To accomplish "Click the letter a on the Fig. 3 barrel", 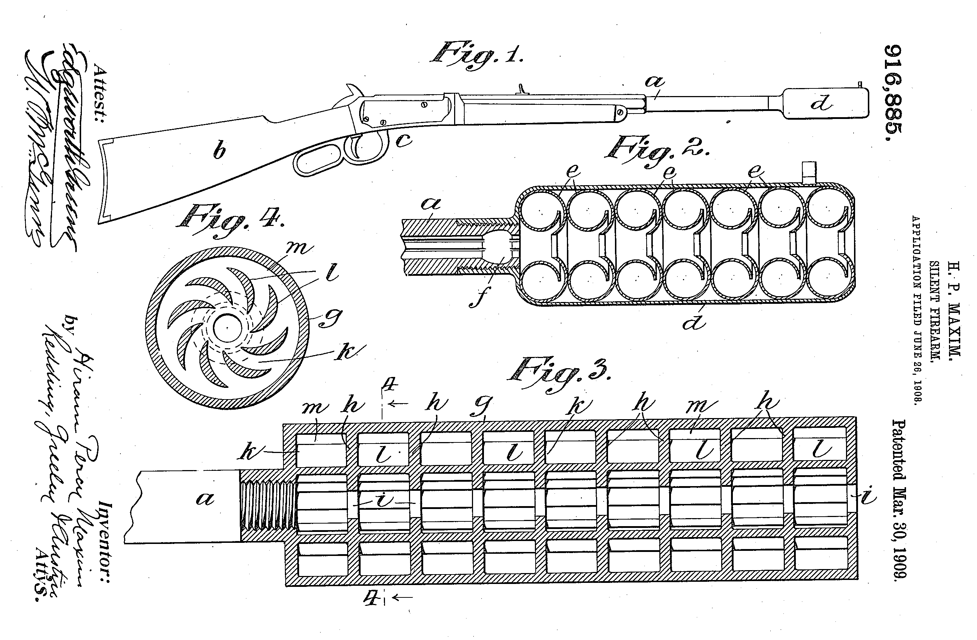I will point(205,499).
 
